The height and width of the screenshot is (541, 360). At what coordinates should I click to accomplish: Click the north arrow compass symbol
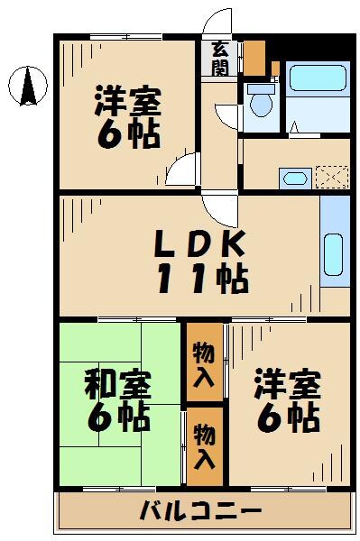tap(27, 87)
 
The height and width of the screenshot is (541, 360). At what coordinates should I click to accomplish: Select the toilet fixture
tap(262, 103)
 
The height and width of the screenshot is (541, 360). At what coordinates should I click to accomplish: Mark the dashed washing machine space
tap(329, 175)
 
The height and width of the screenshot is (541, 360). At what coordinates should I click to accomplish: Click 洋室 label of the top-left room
tap(127, 101)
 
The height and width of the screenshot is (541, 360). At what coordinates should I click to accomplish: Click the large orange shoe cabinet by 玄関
tap(255, 56)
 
